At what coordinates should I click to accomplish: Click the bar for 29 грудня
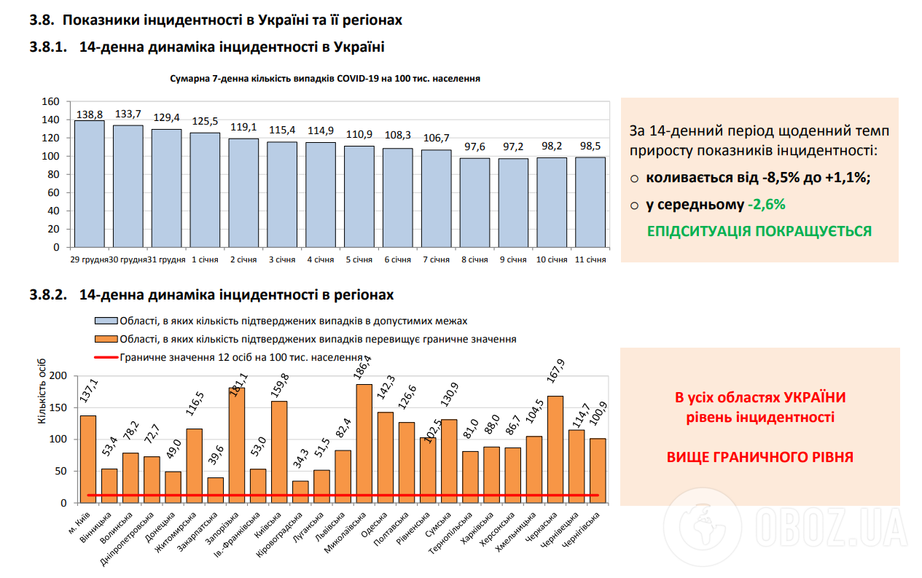(x=89, y=184)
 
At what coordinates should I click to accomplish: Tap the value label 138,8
(x=89, y=114)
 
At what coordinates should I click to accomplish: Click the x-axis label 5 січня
(x=358, y=259)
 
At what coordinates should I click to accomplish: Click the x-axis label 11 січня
(x=590, y=259)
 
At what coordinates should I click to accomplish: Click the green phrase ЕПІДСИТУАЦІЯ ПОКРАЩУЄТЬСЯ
(x=759, y=231)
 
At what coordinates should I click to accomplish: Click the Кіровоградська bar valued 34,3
(x=300, y=491)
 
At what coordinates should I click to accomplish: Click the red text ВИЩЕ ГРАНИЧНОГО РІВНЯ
(x=760, y=458)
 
